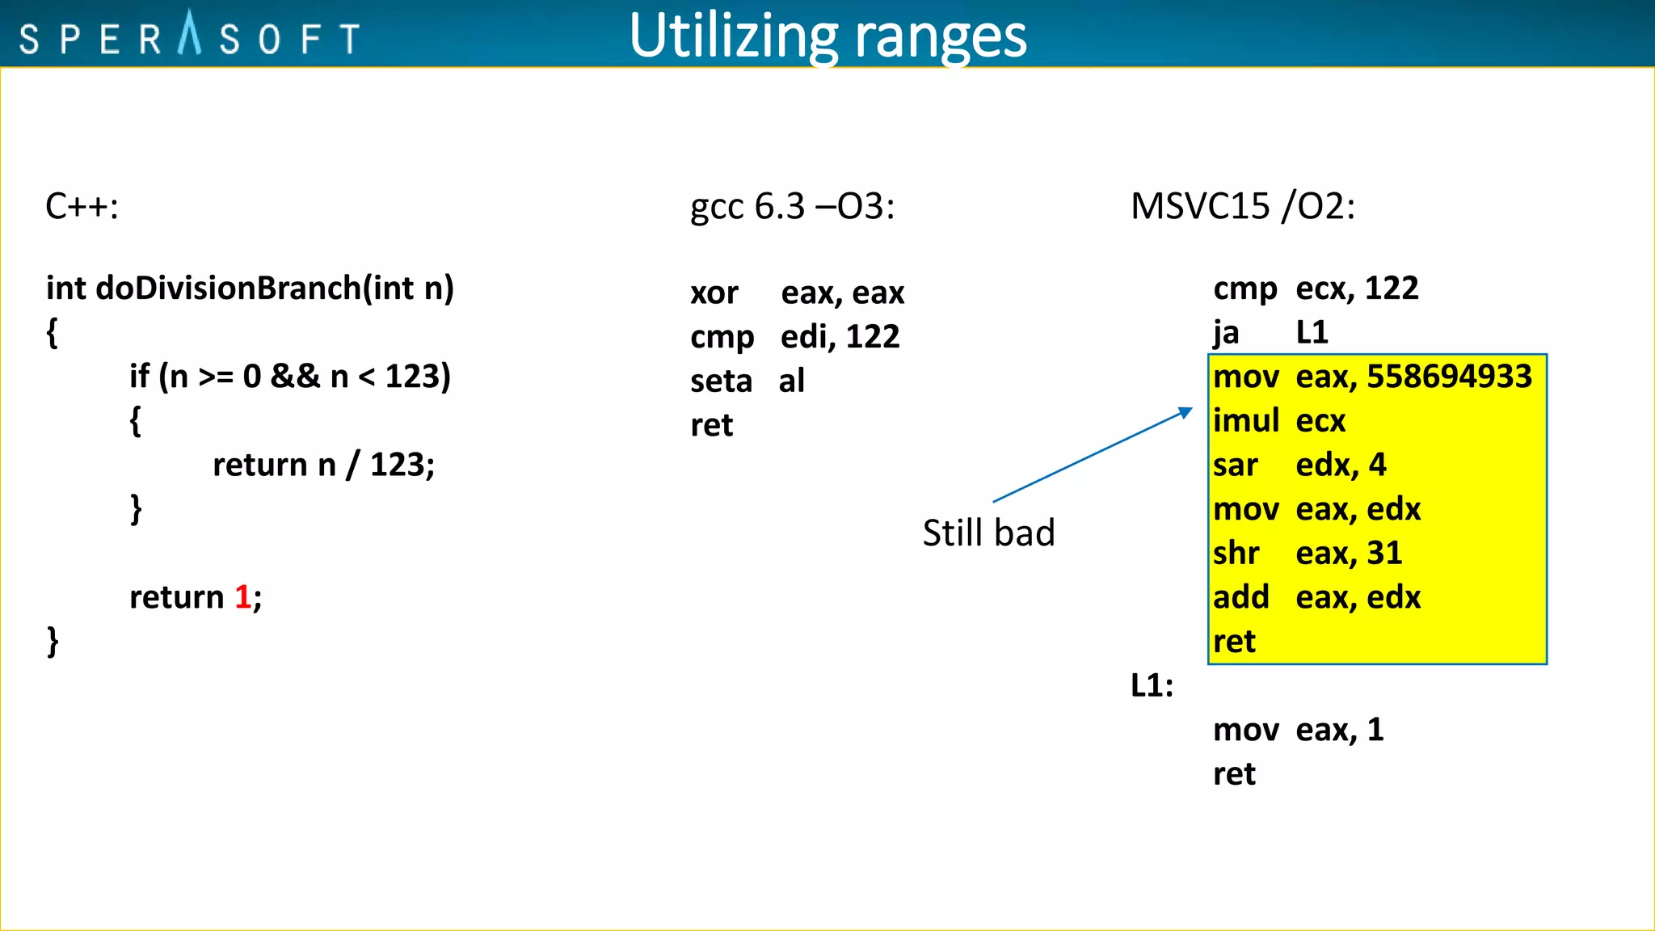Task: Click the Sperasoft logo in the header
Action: [189, 36]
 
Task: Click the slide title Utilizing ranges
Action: [827, 36]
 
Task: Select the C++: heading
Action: [82, 207]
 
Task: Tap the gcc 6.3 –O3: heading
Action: [792, 207]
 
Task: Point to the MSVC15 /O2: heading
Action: [1242, 207]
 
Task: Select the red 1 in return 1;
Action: [242, 597]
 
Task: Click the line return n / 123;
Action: [323, 465]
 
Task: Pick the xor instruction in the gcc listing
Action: [714, 293]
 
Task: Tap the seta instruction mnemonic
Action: [721, 381]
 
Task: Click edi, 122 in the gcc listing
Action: [840, 337]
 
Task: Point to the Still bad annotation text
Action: [988, 533]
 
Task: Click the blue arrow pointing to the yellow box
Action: [1091, 456]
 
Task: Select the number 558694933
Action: [1449, 377]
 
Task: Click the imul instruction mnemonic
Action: [1245, 421]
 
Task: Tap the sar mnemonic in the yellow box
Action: [1236, 465]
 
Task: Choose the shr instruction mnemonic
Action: [1236, 554]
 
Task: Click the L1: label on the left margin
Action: [1152, 686]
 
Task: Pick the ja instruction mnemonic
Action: [1226, 333]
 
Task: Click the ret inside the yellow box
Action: [1234, 642]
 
